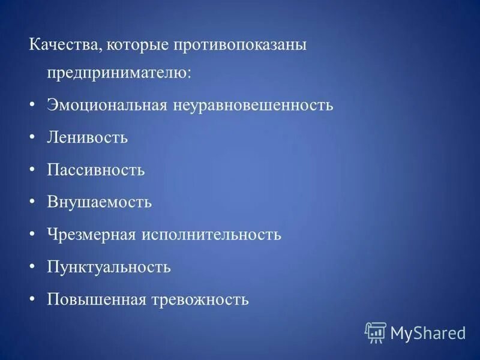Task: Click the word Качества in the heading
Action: (61, 46)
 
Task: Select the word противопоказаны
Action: (239, 46)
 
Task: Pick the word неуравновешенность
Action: (253, 106)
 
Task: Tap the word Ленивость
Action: (88, 137)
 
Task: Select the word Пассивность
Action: (96, 170)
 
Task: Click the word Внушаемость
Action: (100, 202)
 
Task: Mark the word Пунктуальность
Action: (109, 266)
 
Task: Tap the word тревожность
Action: (200, 299)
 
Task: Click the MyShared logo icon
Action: (375, 332)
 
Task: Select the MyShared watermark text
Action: (428, 332)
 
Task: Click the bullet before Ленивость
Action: (32, 137)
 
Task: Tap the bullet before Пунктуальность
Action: (32, 266)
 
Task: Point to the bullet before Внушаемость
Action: (32, 202)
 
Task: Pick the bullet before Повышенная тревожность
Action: (32, 299)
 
